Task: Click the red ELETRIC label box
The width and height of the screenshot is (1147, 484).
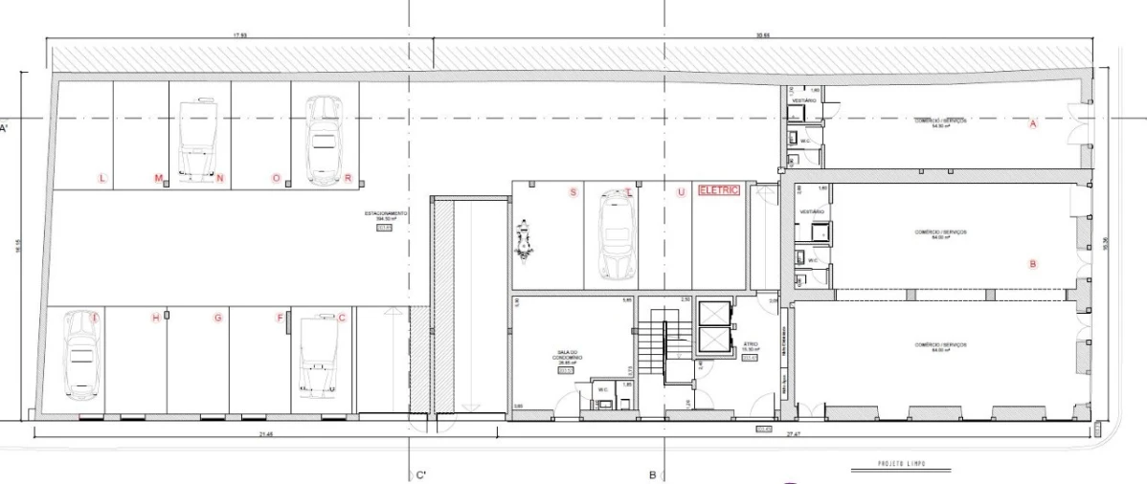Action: [x=720, y=190]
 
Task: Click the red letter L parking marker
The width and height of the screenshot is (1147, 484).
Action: [x=102, y=178]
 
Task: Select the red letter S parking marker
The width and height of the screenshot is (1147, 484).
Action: [x=573, y=192]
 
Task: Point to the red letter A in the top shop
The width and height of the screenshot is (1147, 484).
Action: [x=1033, y=123]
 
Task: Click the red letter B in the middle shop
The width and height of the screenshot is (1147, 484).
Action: [x=1032, y=264]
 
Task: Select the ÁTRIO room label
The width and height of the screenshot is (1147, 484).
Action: [x=750, y=344]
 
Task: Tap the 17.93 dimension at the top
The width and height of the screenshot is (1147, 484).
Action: [x=239, y=36]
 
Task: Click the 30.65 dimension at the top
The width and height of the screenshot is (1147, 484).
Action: [x=762, y=36]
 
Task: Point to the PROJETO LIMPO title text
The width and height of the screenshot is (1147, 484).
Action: [x=900, y=465]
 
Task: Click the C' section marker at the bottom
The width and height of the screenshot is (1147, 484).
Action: [x=420, y=474]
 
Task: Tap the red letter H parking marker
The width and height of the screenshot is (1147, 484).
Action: [x=155, y=318]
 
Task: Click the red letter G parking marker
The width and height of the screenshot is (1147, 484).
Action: [x=218, y=318]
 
